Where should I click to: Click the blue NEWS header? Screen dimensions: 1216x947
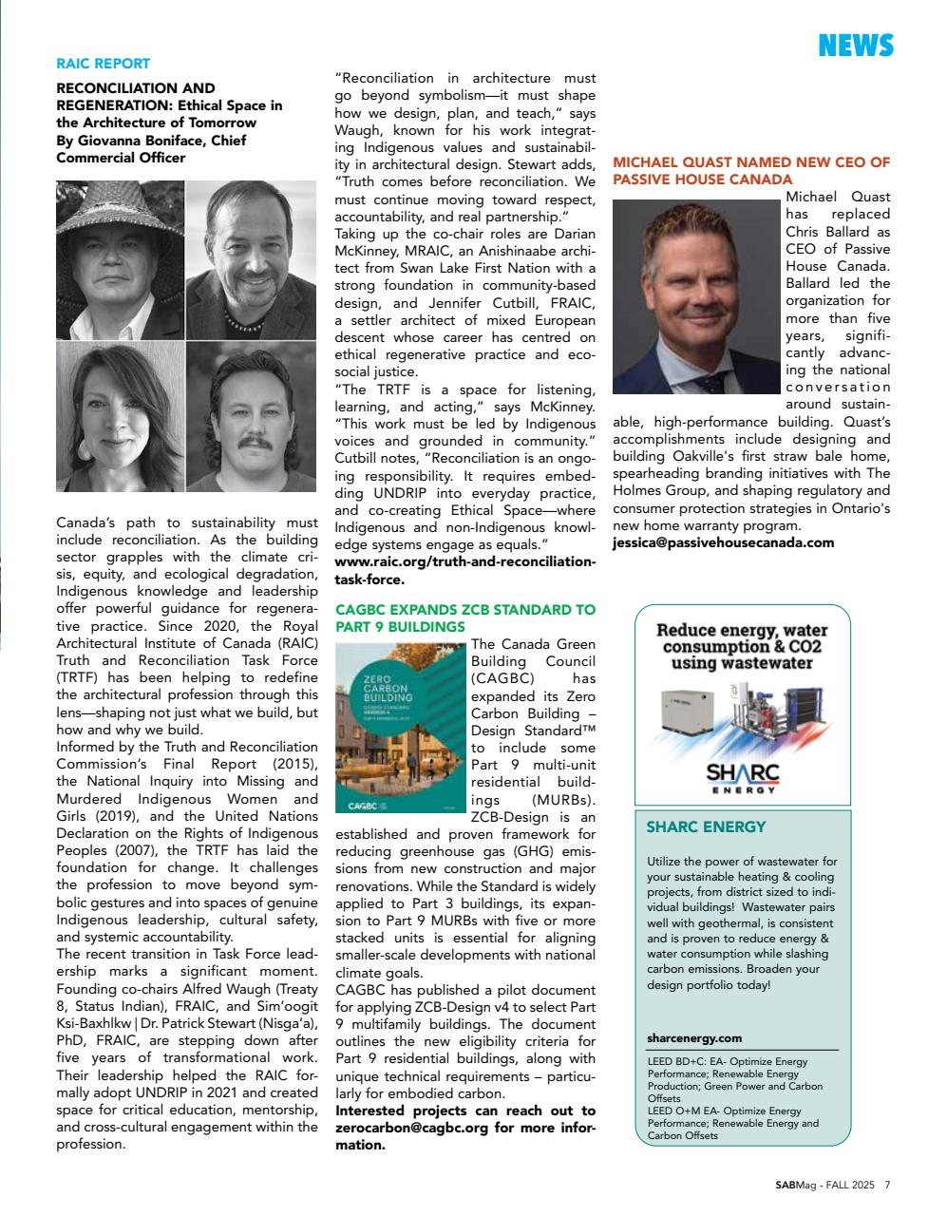(x=855, y=45)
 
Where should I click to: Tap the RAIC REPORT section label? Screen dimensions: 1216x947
(x=104, y=64)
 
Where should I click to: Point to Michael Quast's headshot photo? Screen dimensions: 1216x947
(x=696, y=296)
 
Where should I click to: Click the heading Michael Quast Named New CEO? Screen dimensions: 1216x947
(x=750, y=171)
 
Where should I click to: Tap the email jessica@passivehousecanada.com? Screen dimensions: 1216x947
(x=723, y=542)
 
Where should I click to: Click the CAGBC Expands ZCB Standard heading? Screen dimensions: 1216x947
(x=465, y=618)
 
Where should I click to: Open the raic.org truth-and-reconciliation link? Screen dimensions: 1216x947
(x=465, y=570)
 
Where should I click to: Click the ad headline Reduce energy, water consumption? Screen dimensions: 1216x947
(x=742, y=646)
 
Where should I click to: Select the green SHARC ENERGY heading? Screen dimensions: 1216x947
(x=706, y=827)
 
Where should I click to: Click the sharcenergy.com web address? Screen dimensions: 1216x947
(x=694, y=1038)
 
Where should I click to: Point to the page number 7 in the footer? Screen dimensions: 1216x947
(x=887, y=1185)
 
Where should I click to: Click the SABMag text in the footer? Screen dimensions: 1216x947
(x=796, y=1185)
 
